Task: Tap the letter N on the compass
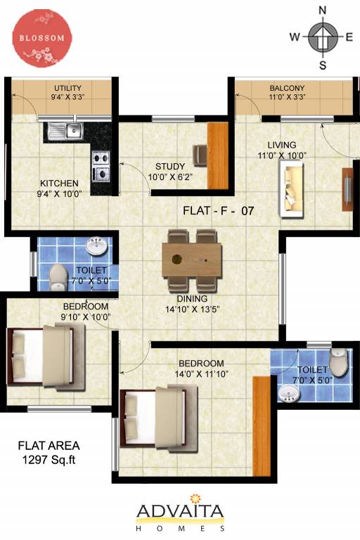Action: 323,11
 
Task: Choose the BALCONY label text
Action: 286,89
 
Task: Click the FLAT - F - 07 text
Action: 218,210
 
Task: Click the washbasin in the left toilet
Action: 96,246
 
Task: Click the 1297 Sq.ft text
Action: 49,460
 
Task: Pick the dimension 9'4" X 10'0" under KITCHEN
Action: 60,193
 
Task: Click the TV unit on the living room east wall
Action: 347,188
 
